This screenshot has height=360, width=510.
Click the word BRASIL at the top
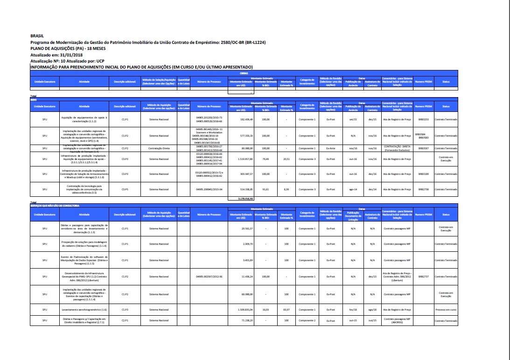click(x=37, y=35)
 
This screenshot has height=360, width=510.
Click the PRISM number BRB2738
click(x=423, y=189)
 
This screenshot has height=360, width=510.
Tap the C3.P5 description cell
click(x=125, y=189)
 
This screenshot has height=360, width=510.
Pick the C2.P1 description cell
click(x=125, y=321)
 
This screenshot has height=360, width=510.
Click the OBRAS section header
click(x=244, y=74)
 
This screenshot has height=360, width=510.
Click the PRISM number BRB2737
click(x=423, y=277)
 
